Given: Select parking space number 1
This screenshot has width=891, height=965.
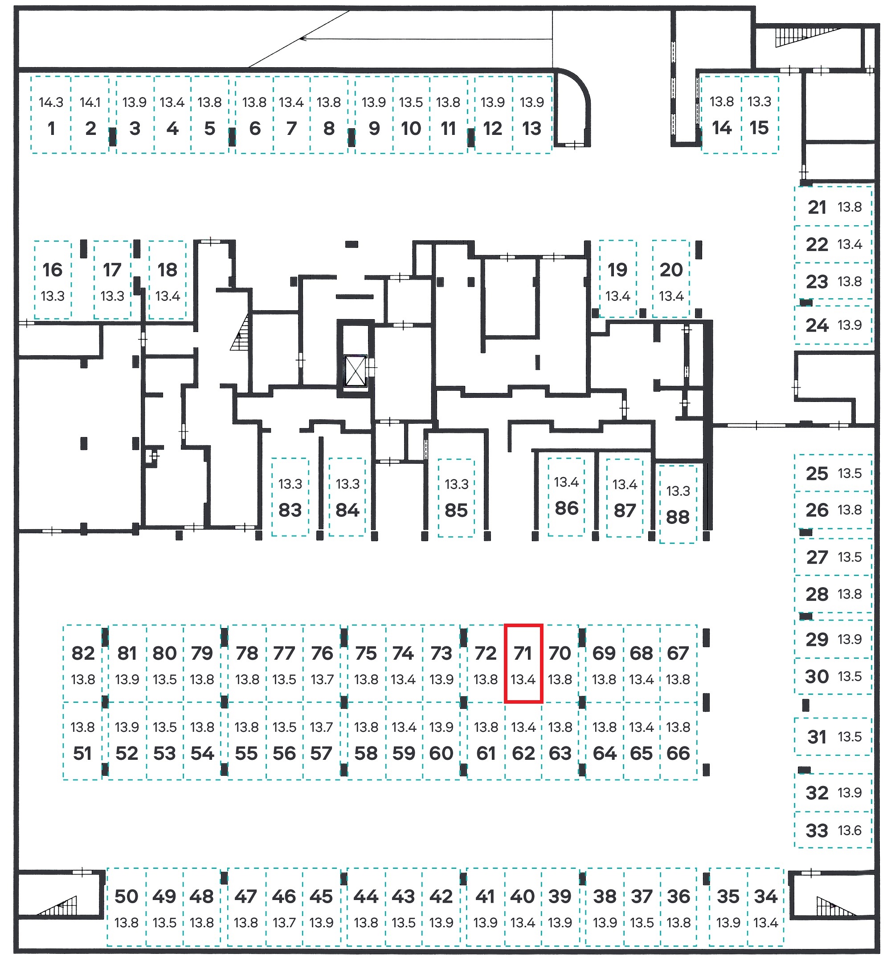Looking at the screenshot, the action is tap(51, 115).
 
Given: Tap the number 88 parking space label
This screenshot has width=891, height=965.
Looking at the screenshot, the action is tap(678, 517).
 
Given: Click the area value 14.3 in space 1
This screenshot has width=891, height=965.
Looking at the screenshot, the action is tap(51, 102).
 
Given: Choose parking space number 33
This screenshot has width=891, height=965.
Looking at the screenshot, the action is tap(833, 830).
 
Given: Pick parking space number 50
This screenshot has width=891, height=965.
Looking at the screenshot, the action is tap(127, 907).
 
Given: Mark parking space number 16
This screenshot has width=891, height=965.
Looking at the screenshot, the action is tap(53, 280).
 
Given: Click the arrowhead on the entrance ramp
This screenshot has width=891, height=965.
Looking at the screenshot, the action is tap(303, 38).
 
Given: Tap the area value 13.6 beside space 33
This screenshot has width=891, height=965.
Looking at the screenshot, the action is tap(850, 831).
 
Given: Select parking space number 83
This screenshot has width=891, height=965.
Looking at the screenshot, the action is tap(290, 497).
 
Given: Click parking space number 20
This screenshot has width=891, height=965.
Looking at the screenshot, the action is tap(671, 279).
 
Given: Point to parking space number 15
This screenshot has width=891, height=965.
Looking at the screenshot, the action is tap(760, 115).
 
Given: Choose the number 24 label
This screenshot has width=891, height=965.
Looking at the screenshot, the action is tap(817, 325).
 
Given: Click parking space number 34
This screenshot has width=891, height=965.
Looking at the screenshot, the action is tap(766, 907).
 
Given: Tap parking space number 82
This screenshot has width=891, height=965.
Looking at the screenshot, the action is tap(83, 663).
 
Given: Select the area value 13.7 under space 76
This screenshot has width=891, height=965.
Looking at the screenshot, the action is tap(322, 679).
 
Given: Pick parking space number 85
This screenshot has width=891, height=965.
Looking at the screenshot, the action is tap(456, 498).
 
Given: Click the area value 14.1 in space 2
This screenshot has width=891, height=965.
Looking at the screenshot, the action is tap(90, 102).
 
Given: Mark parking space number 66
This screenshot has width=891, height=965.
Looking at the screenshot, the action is tap(678, 741).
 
